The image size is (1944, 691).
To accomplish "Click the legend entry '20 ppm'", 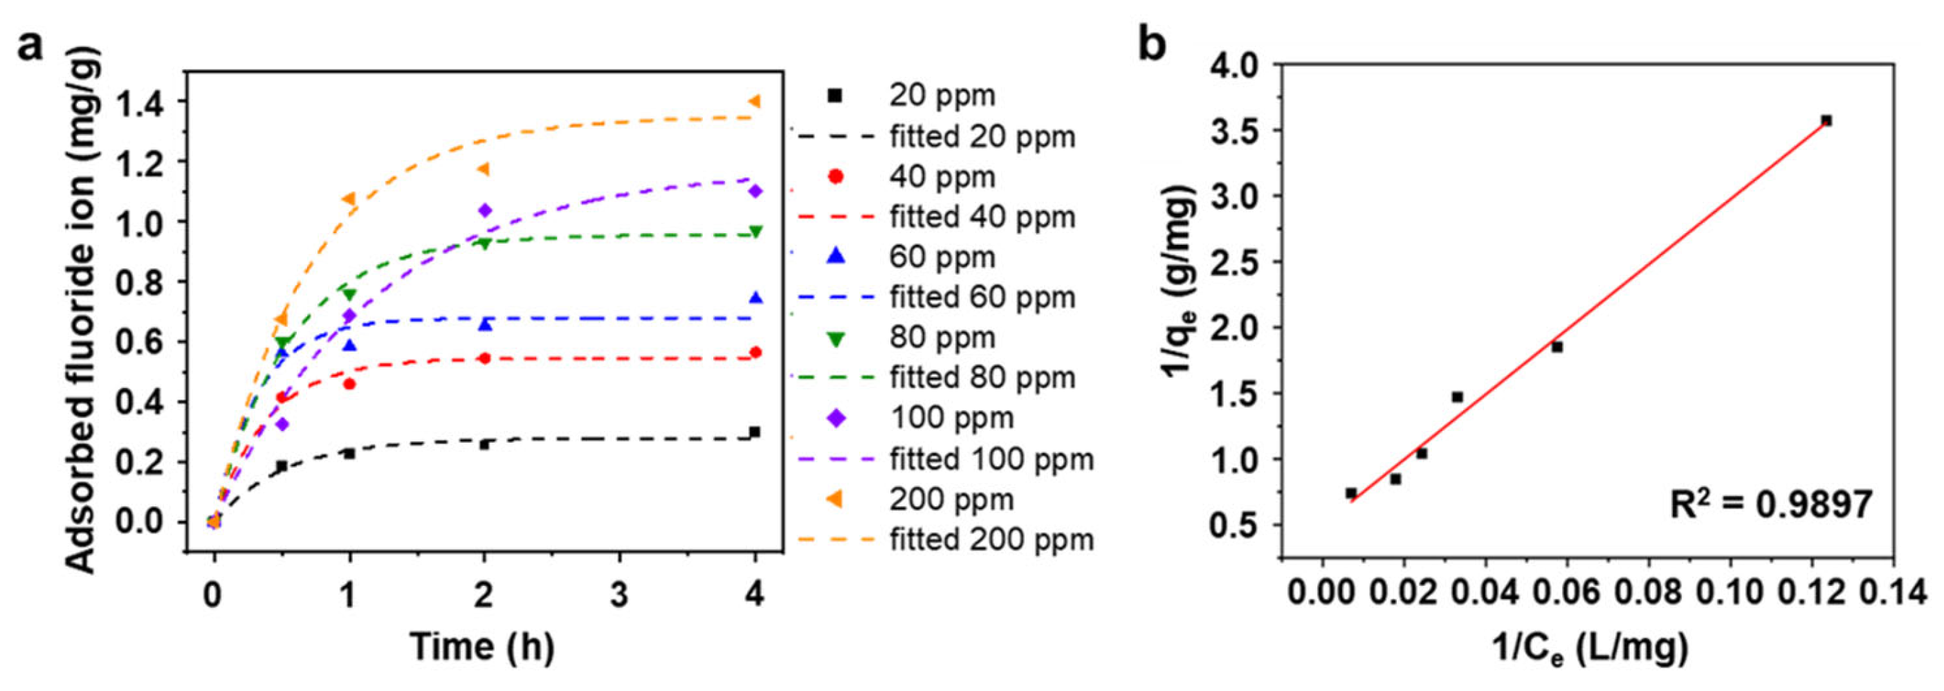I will (x=942, y=96).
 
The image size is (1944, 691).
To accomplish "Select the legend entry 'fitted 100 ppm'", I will (x=991, y=459).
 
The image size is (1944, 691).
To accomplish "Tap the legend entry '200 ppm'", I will (x=951, y=499).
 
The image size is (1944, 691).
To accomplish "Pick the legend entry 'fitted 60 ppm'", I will (x=982, y=297).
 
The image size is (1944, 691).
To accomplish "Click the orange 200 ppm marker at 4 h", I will (x=754, y=101).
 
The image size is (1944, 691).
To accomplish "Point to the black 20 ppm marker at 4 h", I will (x=754, y=432).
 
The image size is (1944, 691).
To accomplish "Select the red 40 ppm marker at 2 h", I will (x=484, y=358).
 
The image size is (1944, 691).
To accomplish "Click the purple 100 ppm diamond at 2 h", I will (x=484, y=210).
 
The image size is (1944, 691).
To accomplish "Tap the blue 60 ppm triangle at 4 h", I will (x=755, y=298).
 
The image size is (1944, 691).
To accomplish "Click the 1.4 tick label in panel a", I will (x=141, y=102).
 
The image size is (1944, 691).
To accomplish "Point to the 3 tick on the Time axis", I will (x=618, y=594).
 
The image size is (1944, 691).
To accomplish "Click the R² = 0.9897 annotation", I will (x=1770, y=504).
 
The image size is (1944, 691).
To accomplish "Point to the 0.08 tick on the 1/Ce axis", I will (x=1648, y=592).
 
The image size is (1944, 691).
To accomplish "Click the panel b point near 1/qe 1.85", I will (x=1556, y=347).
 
